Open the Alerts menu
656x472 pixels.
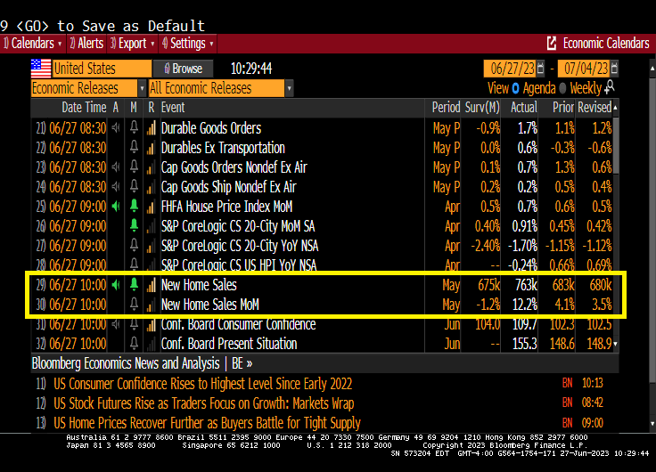[86, 43]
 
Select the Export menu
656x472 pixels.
[132, 43]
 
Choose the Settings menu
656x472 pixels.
[187, 43]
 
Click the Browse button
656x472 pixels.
[184, 69]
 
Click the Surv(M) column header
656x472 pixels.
[482, 107]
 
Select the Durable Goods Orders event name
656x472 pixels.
[211, 128]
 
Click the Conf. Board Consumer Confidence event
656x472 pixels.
[239, 324]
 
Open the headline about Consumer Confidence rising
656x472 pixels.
[202, 384]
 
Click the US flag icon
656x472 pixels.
[41, 69]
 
